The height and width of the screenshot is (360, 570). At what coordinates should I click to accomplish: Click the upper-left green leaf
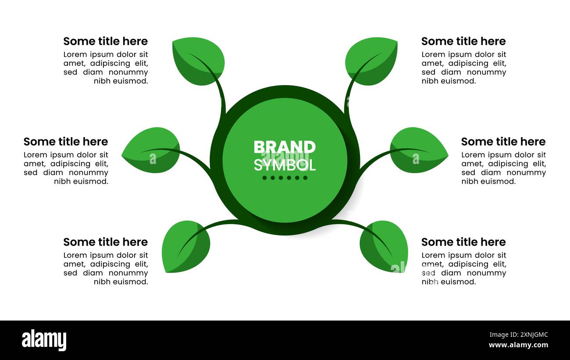coord(199,61)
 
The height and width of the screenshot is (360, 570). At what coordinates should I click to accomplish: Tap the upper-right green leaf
coord(371,61)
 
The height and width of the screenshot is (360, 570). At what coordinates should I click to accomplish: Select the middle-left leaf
coord(151,150)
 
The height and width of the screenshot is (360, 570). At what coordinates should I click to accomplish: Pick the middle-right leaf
coord(419,150)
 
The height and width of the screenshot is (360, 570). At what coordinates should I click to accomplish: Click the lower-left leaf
coord(186,246)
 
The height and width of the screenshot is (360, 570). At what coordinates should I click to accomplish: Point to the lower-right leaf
coord(384,246)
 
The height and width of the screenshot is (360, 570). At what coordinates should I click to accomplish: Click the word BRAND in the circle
coord(285,147)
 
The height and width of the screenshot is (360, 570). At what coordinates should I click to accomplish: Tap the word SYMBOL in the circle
coord(285,165)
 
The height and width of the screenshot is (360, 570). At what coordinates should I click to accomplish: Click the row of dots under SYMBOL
coord(285,178)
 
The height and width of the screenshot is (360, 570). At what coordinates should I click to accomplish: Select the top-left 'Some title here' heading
coord(106,41)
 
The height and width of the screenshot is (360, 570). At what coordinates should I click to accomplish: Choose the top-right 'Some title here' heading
coord(463,41)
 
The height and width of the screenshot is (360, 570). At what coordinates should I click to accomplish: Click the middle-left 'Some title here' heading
coord(66,142)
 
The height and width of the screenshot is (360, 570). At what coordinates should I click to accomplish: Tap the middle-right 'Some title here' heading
coord(503,142)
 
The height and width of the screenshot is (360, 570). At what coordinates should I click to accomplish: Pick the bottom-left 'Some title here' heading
coord(106,242)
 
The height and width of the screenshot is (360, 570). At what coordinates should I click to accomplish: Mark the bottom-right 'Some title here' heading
coord(463,242)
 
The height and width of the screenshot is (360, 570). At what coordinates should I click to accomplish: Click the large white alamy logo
coord(44,340)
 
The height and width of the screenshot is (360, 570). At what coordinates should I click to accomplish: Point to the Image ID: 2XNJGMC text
coord(519,335)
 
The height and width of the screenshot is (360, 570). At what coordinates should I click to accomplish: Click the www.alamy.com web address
coord(518,345)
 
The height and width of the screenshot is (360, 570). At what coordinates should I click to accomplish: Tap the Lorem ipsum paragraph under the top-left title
coord(106,68)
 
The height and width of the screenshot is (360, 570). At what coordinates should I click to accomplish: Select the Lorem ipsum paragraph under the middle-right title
coord(504,168)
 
